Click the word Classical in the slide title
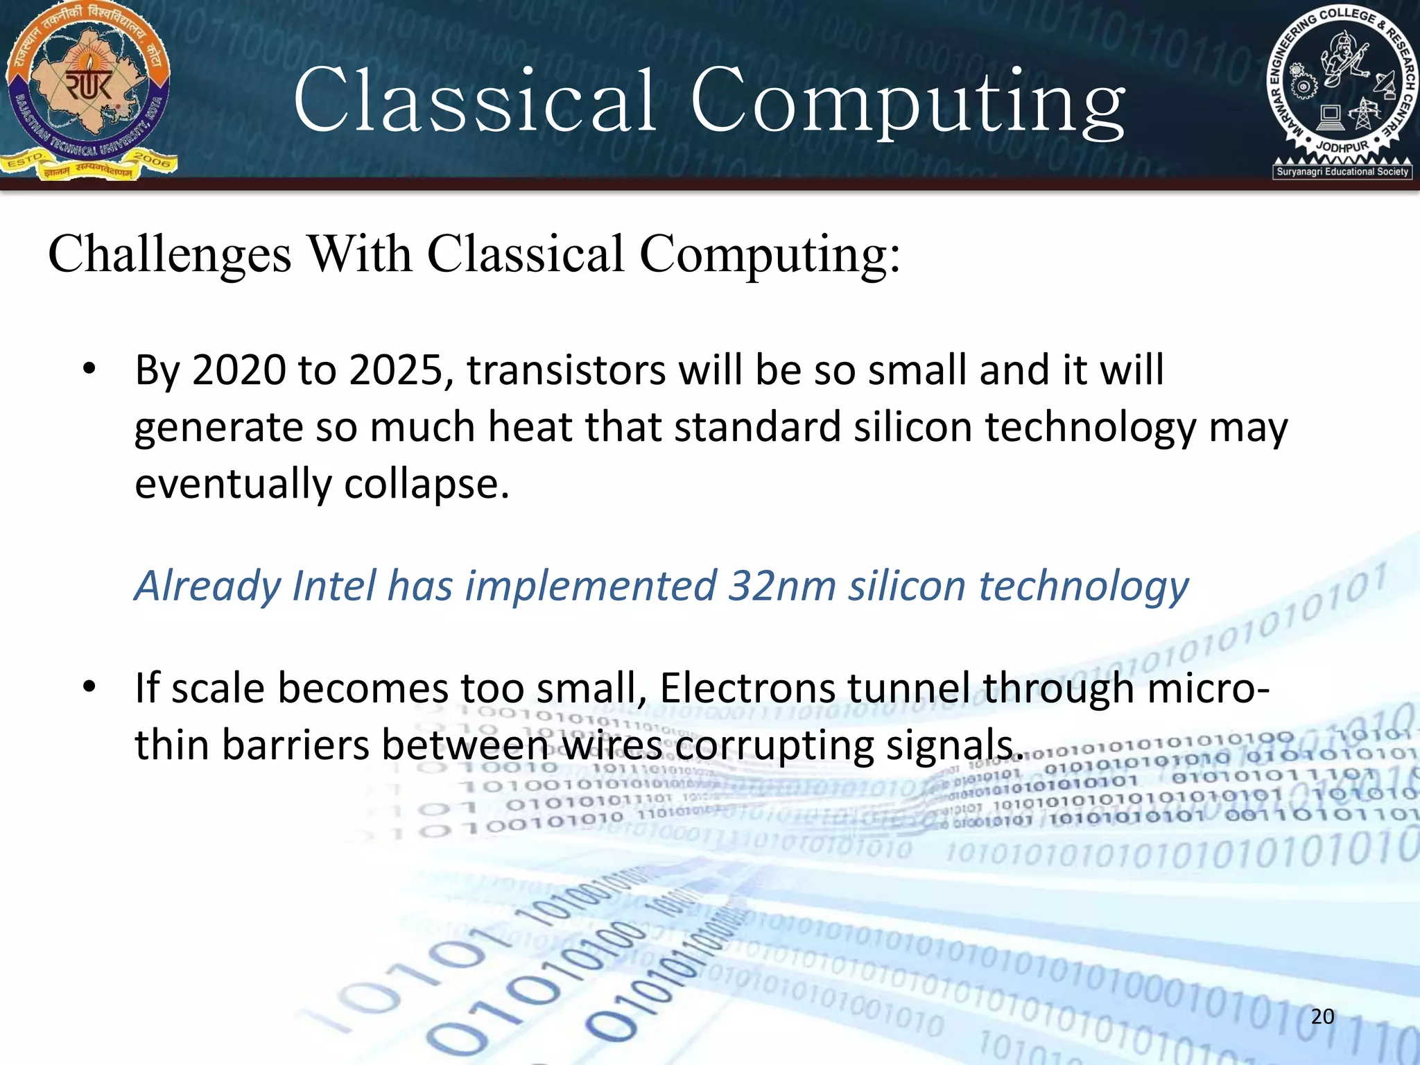click(475, 101)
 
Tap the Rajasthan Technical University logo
click(88, 90)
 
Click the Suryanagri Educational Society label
click(1342, 171)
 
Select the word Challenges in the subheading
click(170, 254)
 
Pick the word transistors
click(565, 370)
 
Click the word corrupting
click(774, 745)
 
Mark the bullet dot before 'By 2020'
click(89, 370)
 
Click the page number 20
click(1322, 1016)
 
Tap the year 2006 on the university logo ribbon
click(152, 160)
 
